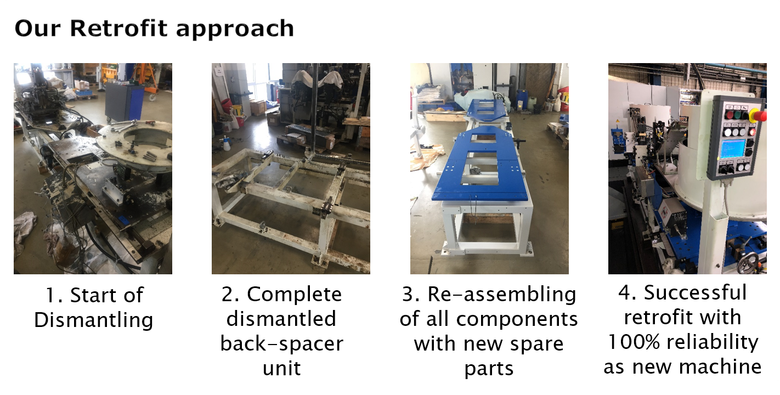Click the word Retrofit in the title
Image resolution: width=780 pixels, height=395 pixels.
(118, 28)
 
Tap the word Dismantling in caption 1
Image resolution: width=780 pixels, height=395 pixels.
(94, 320)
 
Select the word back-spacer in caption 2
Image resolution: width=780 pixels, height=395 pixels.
(282, 344)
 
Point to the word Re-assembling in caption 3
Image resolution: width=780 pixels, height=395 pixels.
(501, 295)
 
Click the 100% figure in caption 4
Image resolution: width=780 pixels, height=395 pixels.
(634, 342)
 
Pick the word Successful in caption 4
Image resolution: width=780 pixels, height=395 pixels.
(695, 292)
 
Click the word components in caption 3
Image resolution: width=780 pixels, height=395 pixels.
(517, 319)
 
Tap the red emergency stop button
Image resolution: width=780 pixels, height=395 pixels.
(759, 115)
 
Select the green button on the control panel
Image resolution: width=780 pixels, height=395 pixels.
(738, 115)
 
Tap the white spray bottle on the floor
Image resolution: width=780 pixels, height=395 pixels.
(227, 142)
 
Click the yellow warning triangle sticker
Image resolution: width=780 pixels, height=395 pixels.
(618, 121)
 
